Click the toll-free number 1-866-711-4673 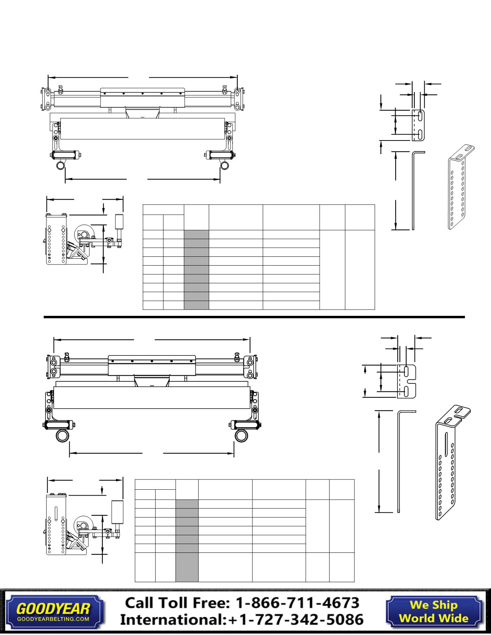[x=297, y=603]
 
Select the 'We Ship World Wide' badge [x=433, y=611]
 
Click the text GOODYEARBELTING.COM [x=53, y=618]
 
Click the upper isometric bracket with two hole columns [x=461, y=187]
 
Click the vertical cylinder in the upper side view [x=119, y=221]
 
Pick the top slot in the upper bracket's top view [x=420, y=117]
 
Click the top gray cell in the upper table [x=196, y=234]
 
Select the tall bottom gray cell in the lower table [x=187, y=567]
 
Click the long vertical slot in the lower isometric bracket [x=446, y=444]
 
